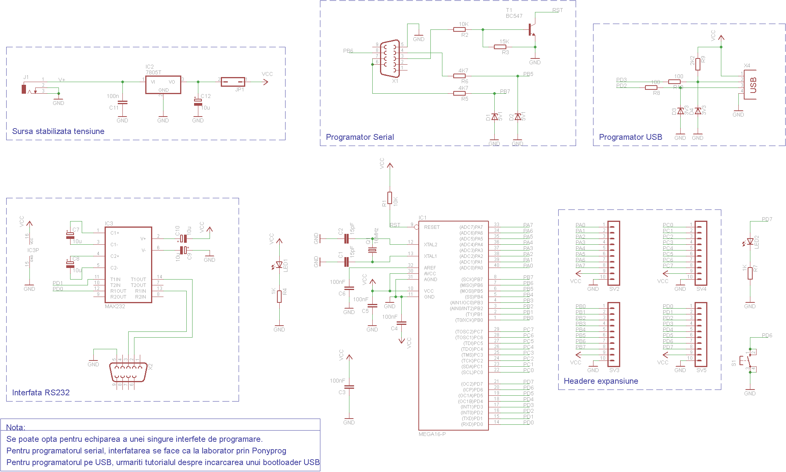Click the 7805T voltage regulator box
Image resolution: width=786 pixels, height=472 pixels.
[163, 84]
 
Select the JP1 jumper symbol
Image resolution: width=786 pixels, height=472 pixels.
[232, 82]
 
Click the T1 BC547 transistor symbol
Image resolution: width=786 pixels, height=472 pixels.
[531, 29]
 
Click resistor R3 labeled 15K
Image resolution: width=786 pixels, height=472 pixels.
[500, 47]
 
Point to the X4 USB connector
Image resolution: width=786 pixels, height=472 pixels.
[750, 84]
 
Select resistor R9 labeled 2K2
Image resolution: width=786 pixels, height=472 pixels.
[698, 64]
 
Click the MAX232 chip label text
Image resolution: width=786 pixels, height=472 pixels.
[115, 306]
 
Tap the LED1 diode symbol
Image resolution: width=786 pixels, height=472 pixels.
[279, 265]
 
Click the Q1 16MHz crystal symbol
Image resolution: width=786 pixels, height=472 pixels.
[372, 250]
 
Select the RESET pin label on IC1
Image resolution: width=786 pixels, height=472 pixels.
[432, 227]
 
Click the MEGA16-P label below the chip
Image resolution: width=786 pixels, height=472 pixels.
[432, 434]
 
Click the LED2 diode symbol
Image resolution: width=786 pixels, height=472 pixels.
[750, 242]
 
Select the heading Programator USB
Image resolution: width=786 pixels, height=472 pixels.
[630, 137]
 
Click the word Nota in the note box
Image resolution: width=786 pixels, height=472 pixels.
[15, 427]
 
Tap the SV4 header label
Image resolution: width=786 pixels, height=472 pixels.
[701, 289]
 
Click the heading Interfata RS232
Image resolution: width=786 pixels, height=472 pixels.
[41, 393]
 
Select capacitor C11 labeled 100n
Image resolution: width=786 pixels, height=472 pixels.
[122, 103]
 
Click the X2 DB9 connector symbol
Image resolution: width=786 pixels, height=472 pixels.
[128, 372]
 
